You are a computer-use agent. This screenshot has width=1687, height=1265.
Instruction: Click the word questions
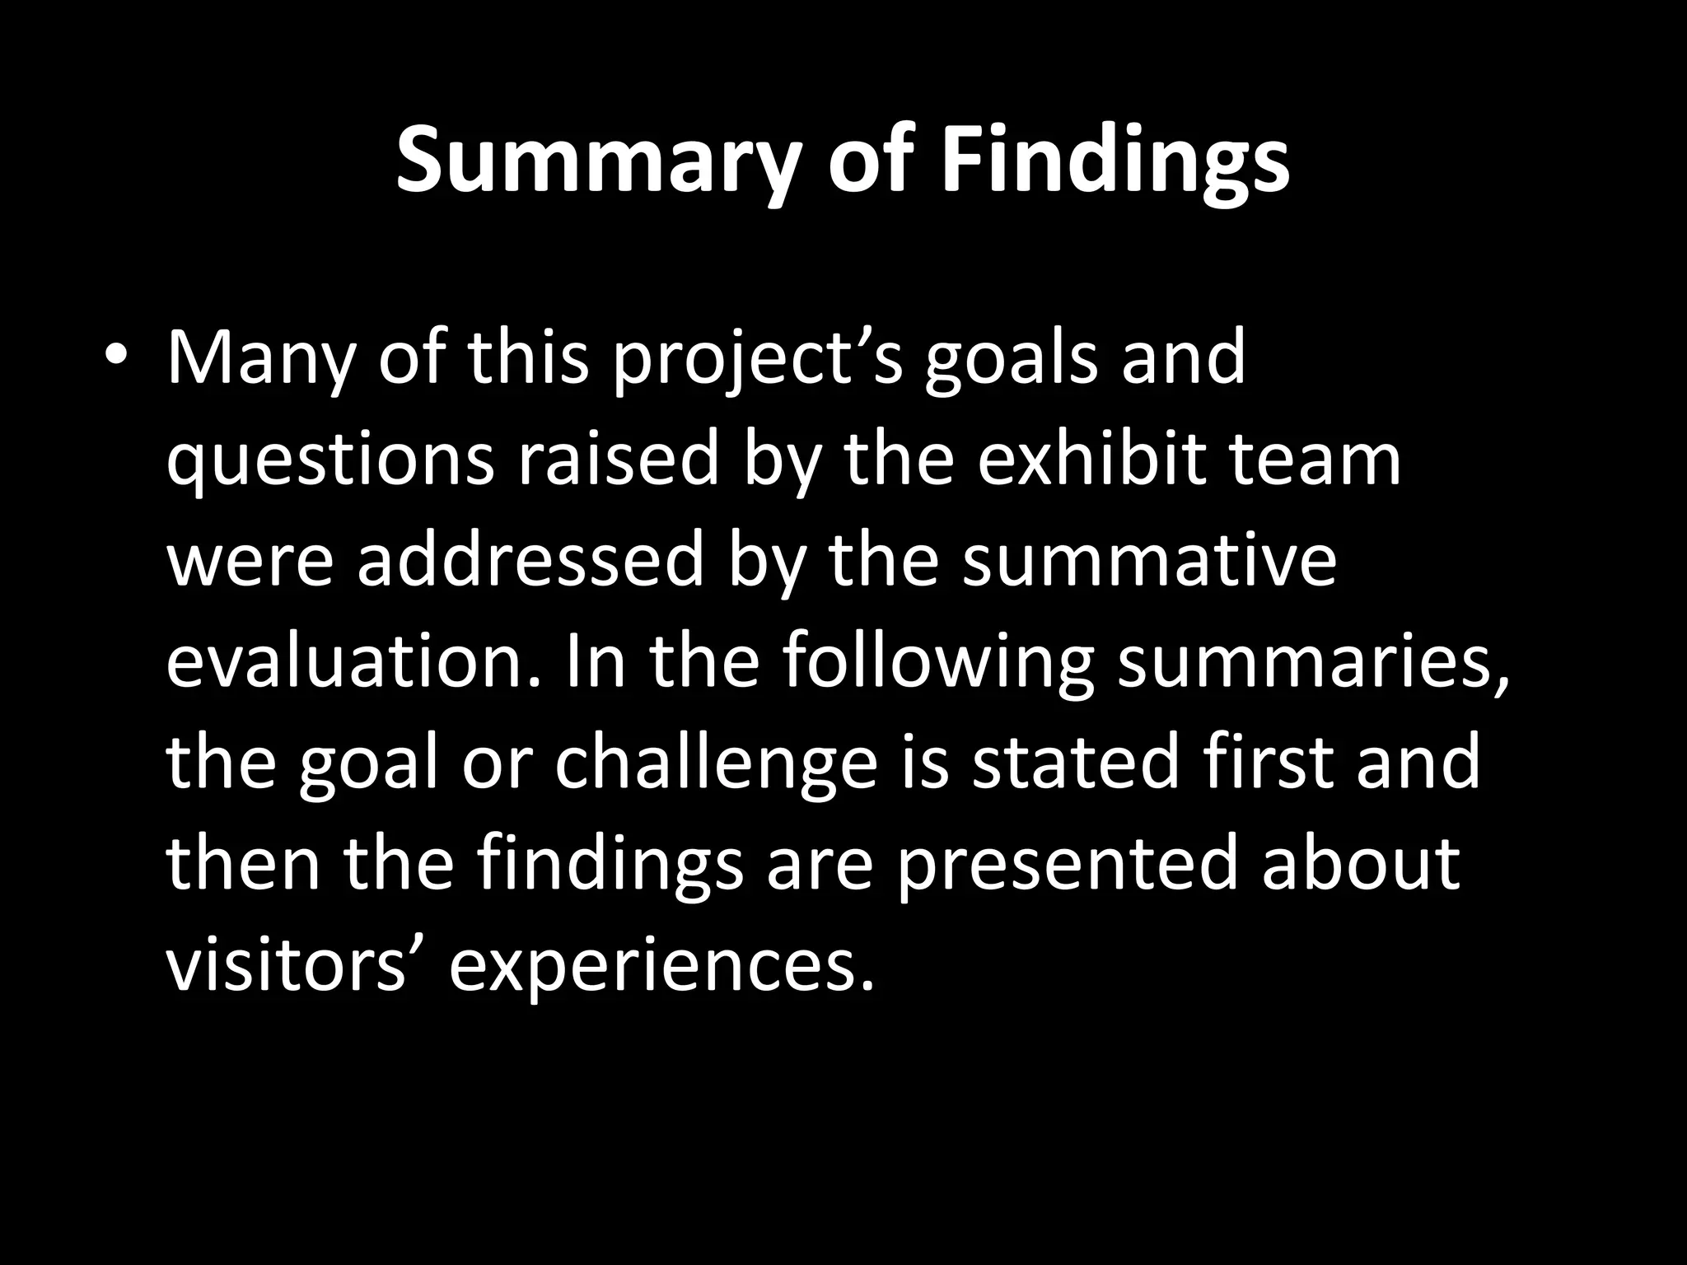click(x=330, y=460)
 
